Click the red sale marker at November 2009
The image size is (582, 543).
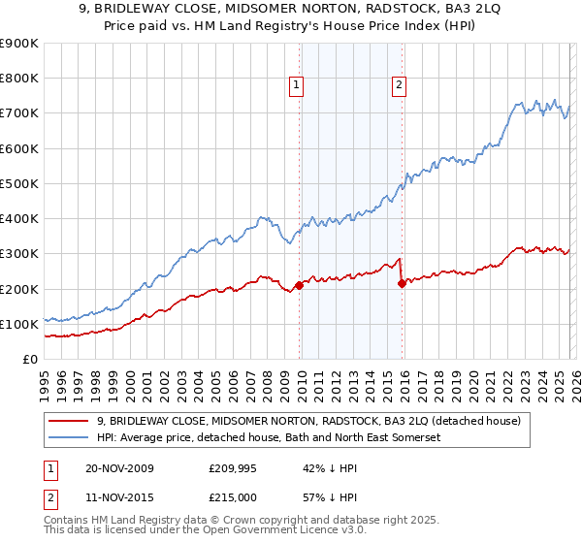point(300,285)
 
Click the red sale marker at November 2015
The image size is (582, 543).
point(402,284)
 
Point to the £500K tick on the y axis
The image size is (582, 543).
point(19,183)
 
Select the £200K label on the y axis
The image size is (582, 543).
point(19,289)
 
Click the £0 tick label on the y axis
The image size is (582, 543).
point(30,359)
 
